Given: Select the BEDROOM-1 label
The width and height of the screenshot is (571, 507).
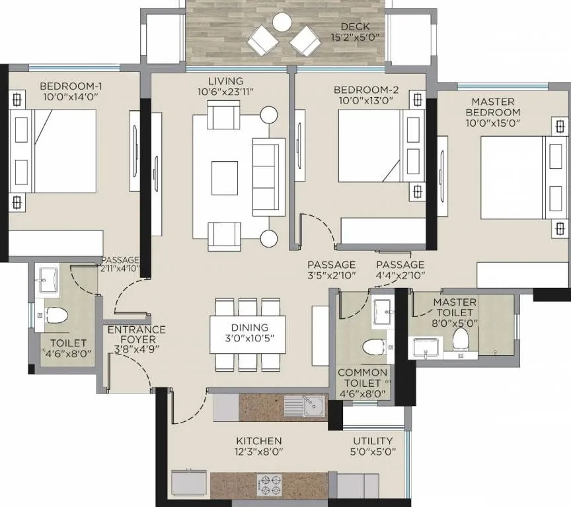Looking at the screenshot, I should tap(71, 86).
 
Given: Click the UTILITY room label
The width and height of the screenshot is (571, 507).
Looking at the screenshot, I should tap(373, 440).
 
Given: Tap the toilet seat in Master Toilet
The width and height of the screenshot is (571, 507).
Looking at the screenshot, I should tap(460, 339).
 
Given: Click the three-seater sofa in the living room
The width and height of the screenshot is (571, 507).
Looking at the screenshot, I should tap(268, 177).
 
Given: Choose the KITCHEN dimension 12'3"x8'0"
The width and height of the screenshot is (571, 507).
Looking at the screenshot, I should tap(259, 452).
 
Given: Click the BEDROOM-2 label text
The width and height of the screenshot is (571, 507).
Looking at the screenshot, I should tap(363, 90).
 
